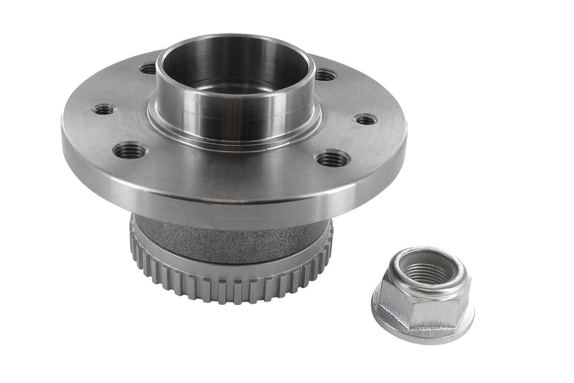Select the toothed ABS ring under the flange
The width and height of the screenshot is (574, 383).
click(228, 285)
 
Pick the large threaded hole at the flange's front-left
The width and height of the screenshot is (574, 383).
click(130, 151)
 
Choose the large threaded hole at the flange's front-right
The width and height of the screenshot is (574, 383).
click(332, 158)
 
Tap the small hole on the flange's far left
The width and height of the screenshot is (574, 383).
click(104, 109)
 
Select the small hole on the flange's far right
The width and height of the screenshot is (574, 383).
click(366, 119)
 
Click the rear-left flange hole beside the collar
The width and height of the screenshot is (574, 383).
click(149, 68)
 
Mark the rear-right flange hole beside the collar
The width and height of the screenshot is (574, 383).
click(325, 75)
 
